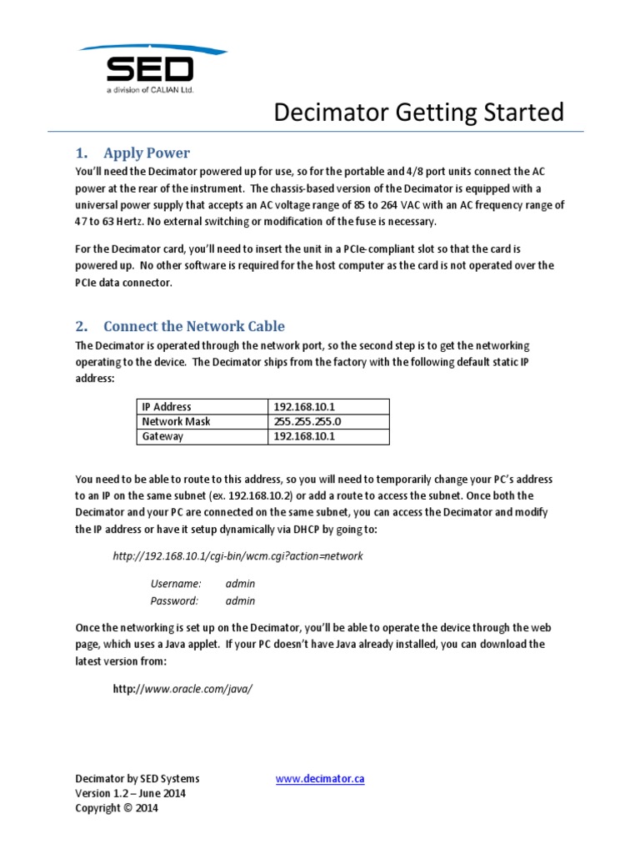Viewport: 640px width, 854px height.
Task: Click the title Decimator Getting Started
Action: point(419,112)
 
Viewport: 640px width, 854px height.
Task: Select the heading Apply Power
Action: point(146,153)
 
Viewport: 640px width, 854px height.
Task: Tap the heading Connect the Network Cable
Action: point(193,326)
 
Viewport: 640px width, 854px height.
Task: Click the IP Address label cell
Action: point(167,406)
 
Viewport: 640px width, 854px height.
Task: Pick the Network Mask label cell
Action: point(176,421)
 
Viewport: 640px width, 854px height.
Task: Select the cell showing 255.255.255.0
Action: point(307,421)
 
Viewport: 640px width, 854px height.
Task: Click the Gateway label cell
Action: point(162,436)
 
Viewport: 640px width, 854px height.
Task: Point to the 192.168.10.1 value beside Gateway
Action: point(303,436)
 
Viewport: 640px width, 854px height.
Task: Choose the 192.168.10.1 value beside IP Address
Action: point(303,406)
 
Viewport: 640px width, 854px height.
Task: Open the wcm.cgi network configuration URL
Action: point(237,555)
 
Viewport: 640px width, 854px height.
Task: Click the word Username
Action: point(175,584)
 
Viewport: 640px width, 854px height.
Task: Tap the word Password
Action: point(174,600)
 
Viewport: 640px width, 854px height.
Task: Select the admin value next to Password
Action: point(240,600)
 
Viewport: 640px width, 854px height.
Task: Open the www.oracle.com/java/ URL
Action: point(182,689)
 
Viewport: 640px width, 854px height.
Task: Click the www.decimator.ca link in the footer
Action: point(320,779)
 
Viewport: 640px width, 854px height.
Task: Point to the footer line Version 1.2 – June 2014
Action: point(130,793)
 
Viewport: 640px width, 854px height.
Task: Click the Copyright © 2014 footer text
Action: point(116,808)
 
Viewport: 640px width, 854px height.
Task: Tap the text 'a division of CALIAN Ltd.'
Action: point(149,89)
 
